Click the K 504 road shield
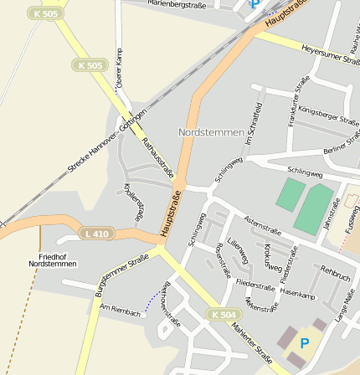224,314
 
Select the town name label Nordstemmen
211,132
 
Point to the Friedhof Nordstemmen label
52,259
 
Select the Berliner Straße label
341,148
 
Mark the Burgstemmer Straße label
121,275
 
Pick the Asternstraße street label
261,225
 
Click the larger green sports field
312,208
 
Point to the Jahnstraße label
332,213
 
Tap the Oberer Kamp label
119,69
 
